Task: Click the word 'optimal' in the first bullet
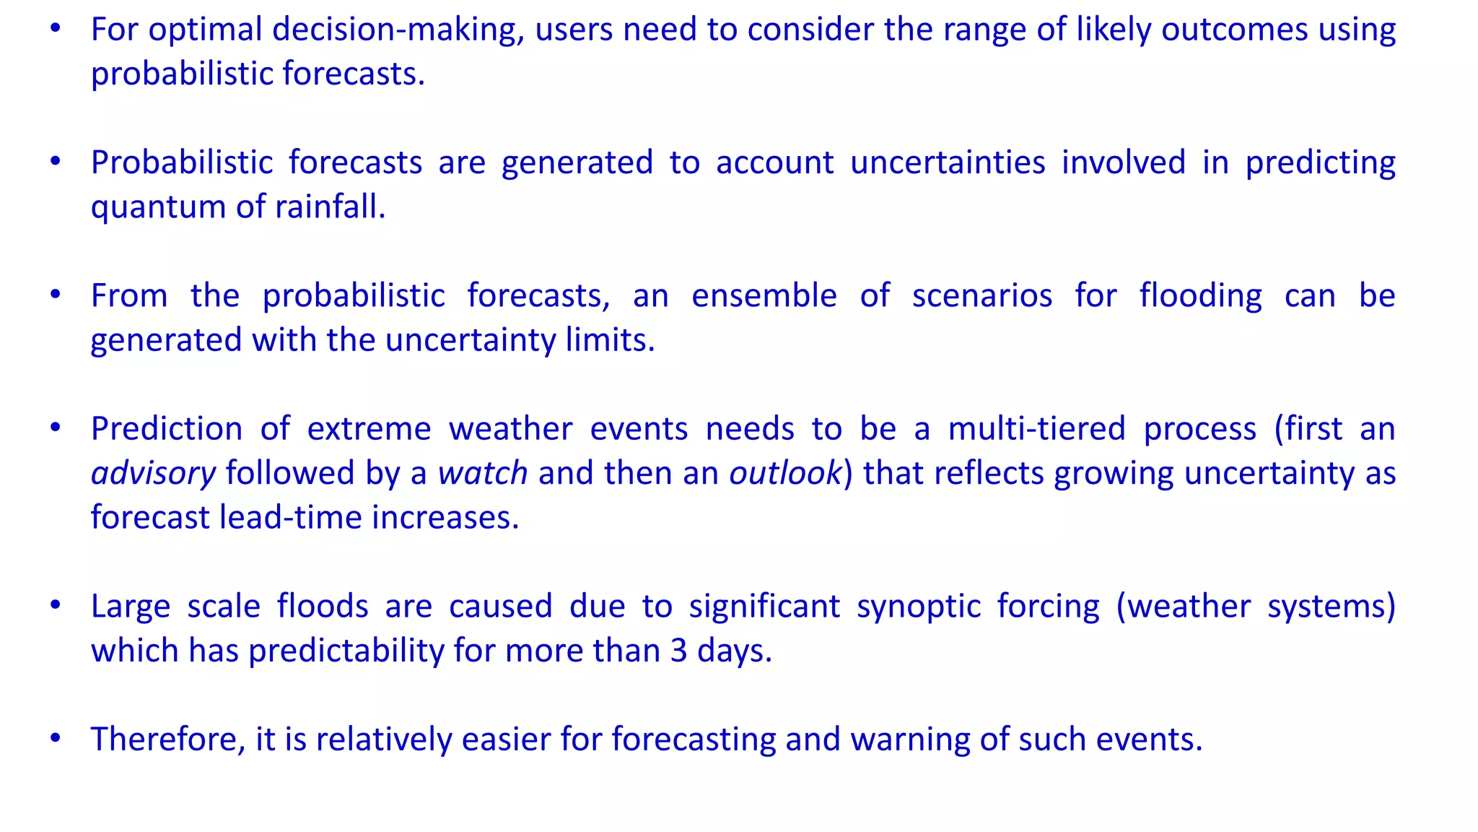(205, 30)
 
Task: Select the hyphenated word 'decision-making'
(398, 30)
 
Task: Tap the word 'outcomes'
(1235, 30)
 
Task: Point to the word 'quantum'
(158, 208)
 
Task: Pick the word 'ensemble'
(764, 296)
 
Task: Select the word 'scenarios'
(982, 296)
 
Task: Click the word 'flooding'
(1201, 296)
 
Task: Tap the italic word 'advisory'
(153, 474)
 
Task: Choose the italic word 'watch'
(483, 474)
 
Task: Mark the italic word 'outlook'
(785, 474)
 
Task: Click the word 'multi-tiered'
(1036, 429)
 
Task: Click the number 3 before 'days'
(678, 651)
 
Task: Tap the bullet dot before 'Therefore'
(56, 738)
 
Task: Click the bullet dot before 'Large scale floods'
(56, 605)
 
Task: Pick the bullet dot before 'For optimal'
(56, 29)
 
